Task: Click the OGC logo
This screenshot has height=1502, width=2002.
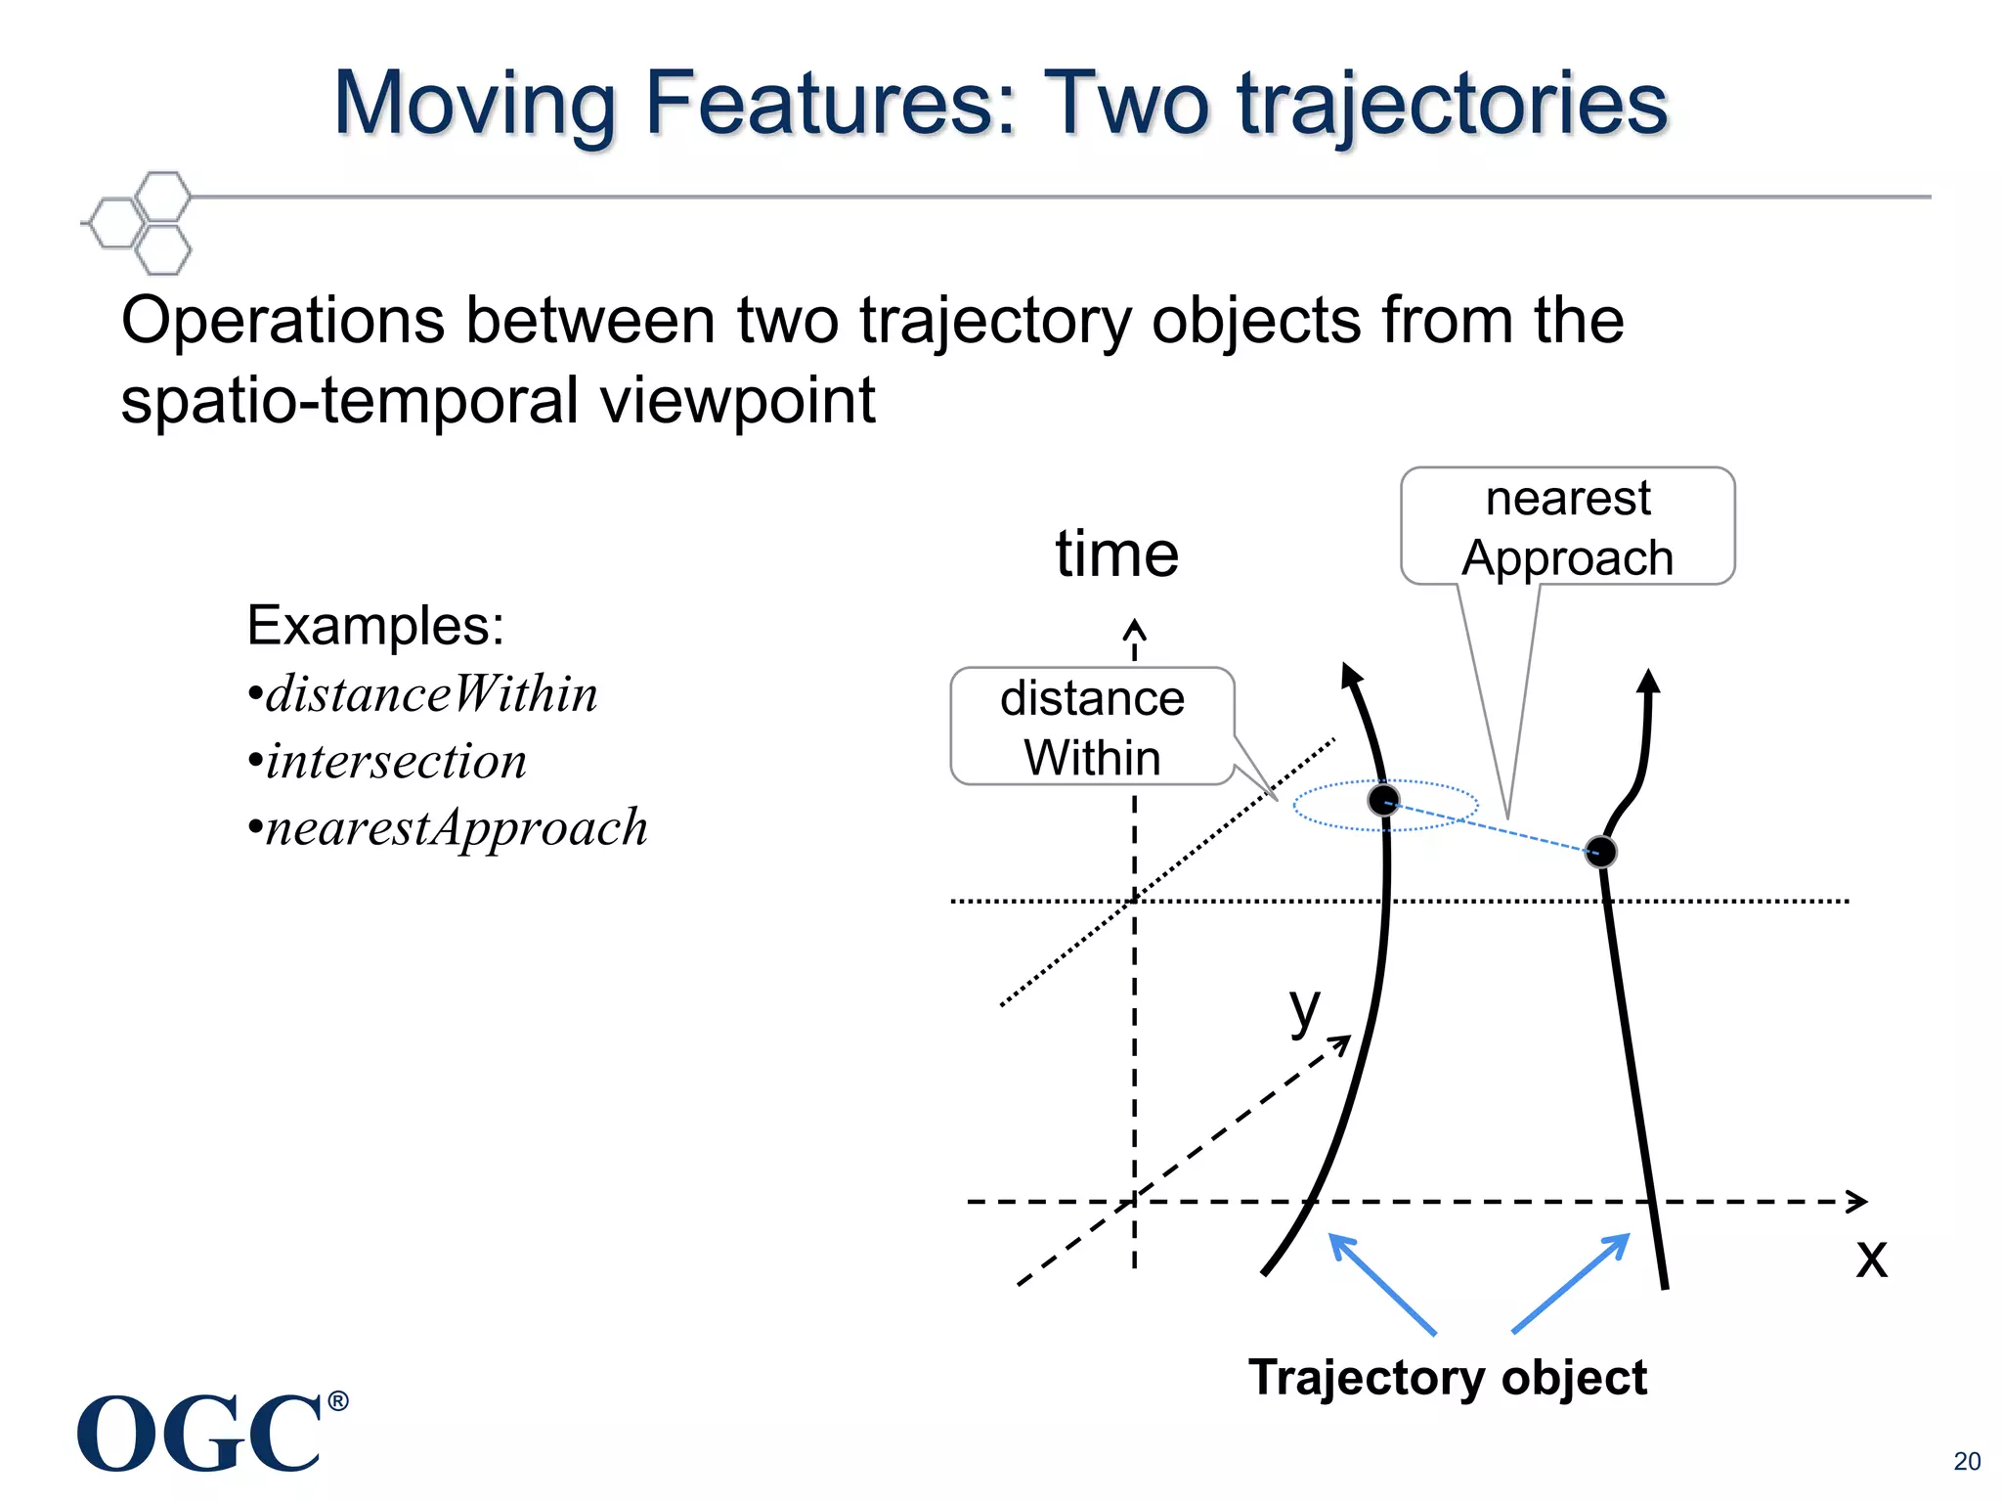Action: pos(200,1433)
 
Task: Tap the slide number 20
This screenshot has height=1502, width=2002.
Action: pos(1967,1461)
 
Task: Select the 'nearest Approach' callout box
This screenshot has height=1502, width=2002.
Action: pos(1567,527)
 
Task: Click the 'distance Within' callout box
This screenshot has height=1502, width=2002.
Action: pos(1092,727)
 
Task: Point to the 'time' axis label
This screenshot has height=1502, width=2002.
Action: pos(1116,553)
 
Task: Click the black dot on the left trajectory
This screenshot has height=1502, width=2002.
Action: pos(1383,800)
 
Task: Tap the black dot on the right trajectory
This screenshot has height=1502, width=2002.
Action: pos(1600,852)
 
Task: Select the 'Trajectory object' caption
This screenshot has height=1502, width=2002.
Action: pos(1447,1377)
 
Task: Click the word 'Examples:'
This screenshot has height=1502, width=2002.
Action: pos(375,625)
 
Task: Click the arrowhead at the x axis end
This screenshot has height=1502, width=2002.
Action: pos(1857,1201)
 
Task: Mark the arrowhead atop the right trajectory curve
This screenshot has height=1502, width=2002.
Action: pos(1649,681)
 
